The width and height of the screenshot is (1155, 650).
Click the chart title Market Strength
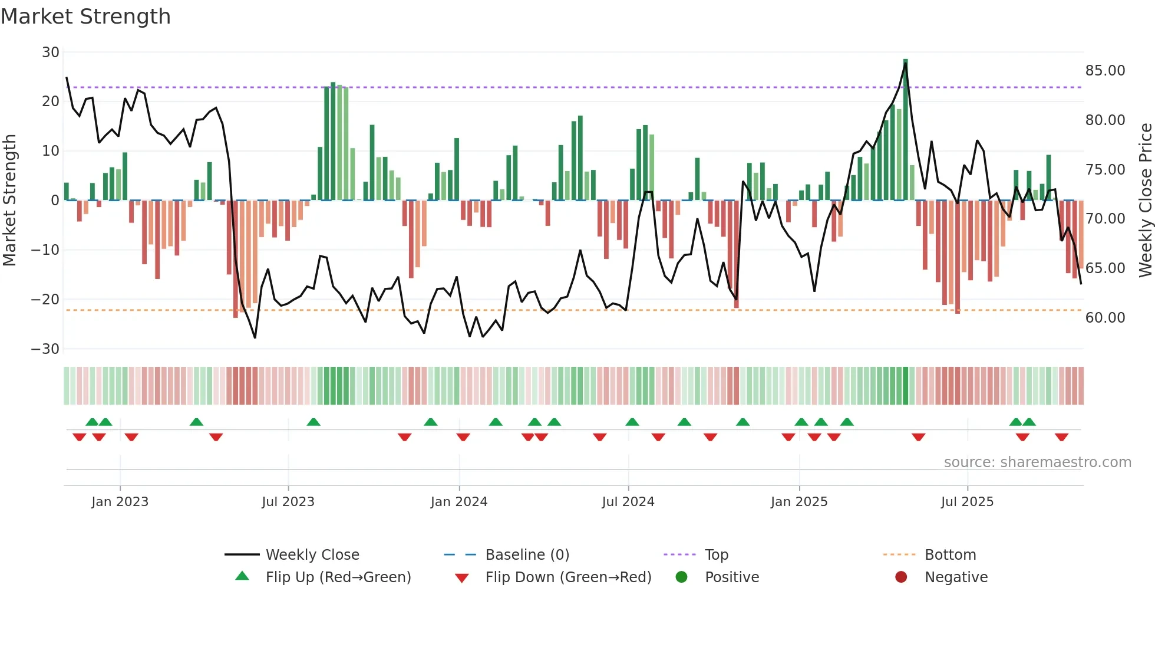85,17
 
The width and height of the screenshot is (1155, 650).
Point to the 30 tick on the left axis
51,52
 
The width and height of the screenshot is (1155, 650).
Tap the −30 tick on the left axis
45,349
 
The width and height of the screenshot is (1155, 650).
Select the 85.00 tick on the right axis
1105,71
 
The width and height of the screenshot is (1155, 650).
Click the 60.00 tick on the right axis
1105,318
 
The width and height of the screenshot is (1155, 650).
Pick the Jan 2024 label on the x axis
459,502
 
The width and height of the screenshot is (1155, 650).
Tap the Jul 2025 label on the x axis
967,502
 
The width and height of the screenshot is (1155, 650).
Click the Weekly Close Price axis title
1145,201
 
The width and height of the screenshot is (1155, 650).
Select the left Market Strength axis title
9,201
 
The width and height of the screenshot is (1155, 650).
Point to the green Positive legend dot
682,577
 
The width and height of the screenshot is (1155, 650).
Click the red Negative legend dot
901,577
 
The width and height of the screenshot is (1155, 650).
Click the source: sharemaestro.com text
1037,462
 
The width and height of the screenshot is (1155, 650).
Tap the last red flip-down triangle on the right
1062,437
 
